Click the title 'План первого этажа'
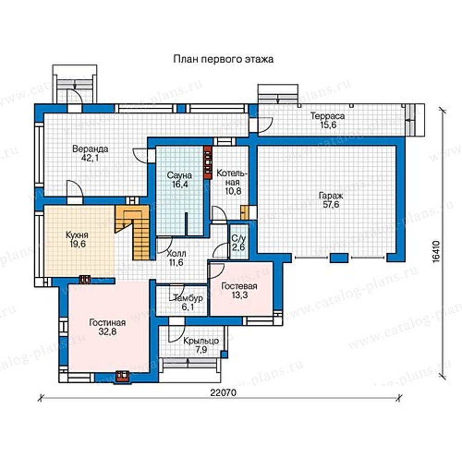coord(223,59)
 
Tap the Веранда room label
coord(90,149)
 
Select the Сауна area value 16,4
coord(180,184)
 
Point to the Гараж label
coord(331,196)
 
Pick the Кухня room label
coord(77,235)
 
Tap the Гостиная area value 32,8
coord(108,332)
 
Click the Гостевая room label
coord(239,286)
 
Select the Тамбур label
coord(188,298)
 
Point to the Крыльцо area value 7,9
coord(201,350)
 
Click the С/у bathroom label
coord(238,238)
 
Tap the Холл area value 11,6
coord(176,262)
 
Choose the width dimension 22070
coord(223,393)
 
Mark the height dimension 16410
coord(437,251)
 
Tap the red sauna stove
coord(208,162)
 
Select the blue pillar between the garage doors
coord(339,258)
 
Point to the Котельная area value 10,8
coord(234,191)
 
